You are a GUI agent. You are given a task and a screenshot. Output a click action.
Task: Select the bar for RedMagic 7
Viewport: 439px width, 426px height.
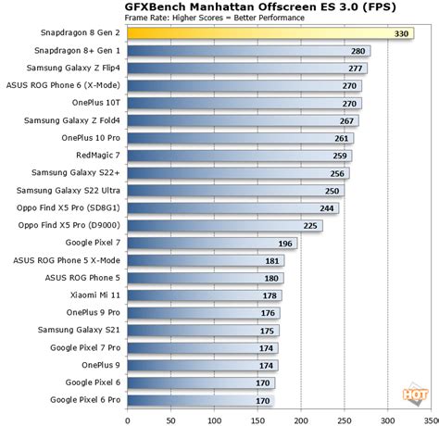(x=232, y=155)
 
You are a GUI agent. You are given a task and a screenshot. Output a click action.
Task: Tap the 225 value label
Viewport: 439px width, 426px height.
(x=311, y=225)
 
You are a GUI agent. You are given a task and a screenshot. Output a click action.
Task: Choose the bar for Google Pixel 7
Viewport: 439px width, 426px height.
(x=199, y=243)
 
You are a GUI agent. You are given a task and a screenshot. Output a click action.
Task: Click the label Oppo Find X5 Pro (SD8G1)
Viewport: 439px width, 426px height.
(x=69, y=207)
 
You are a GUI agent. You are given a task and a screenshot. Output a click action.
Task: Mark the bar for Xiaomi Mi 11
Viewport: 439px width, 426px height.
(x=194, y=294)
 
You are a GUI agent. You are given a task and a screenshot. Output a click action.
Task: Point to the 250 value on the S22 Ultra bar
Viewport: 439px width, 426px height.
(x=331, y=190)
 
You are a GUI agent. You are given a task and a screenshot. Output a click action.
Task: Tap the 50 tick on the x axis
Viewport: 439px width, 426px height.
(x=165, y=418)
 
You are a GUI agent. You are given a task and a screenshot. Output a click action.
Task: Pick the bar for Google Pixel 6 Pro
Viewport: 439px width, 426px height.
(x=190, y=400)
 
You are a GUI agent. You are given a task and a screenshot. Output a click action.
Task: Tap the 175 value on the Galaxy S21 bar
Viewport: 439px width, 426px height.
(x=268, y=330)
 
